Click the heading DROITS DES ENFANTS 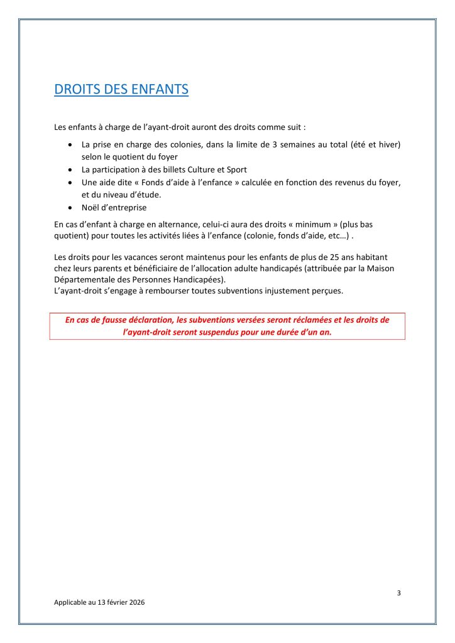tap(121, 90)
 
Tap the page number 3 tap(398, 593)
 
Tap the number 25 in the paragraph tap(338, 257)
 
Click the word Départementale tap(84, 279)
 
